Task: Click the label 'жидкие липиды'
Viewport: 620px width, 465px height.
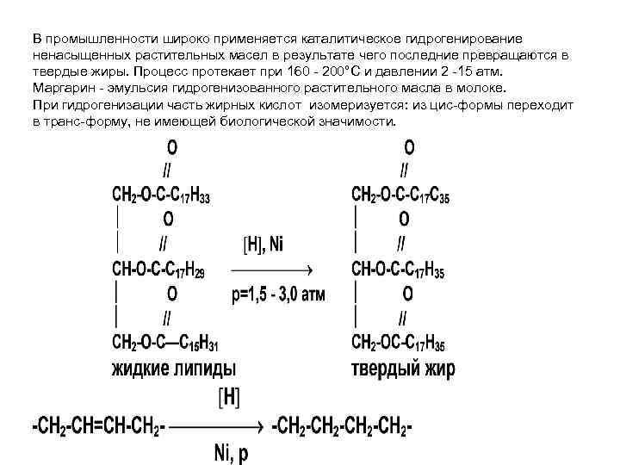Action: (x=172, y=370)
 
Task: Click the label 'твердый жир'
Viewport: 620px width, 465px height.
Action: (x=403, y=370)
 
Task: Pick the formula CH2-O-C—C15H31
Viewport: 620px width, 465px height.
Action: (x=164, y=344)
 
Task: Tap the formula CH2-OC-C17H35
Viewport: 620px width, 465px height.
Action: (x=398, y=344)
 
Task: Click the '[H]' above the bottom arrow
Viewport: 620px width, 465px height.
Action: (x=230, y=398)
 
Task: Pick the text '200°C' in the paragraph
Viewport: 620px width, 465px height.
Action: (x=341, y=72)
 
